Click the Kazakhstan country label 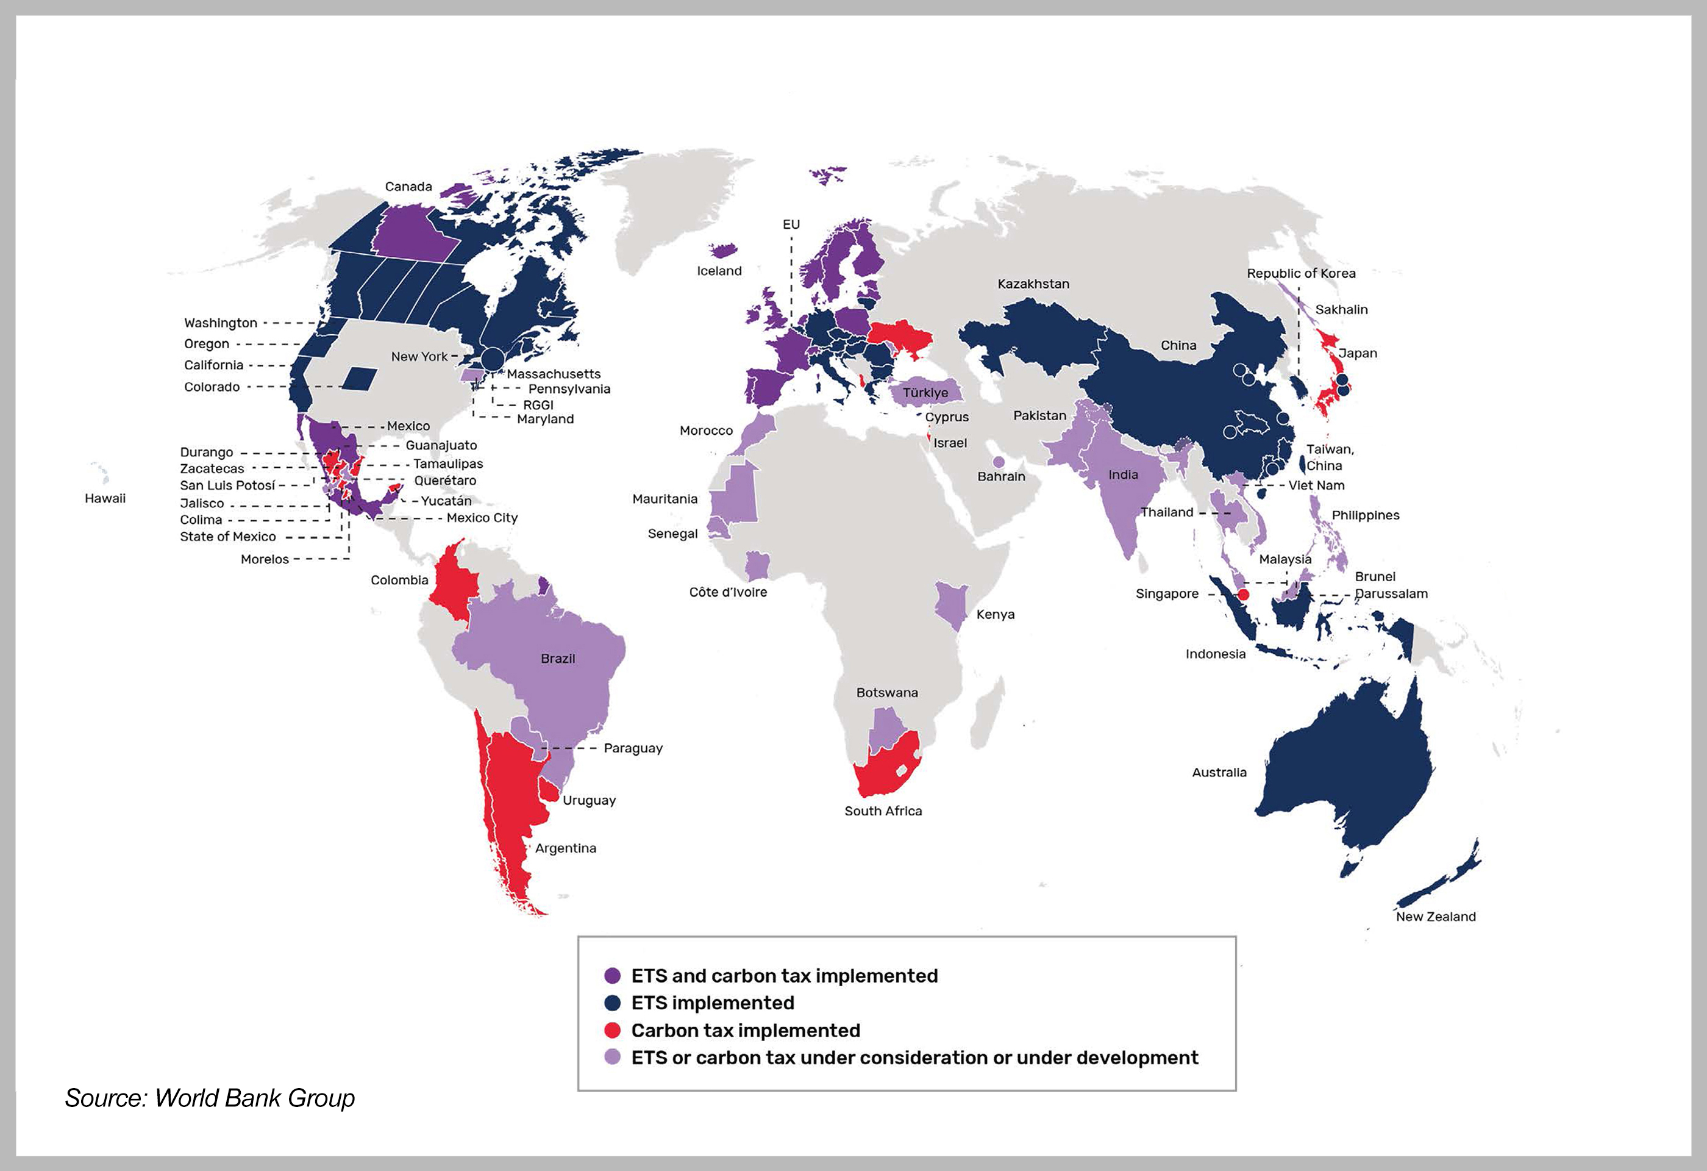1033,284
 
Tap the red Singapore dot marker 1243,593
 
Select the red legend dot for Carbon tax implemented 612,1030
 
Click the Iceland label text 719,271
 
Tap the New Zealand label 1435,916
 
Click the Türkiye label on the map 925,392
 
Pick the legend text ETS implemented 713,1003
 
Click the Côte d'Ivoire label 727,592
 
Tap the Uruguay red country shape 549,790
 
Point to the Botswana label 886,692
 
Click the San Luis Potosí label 227,485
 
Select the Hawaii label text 105,498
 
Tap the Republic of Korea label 1301,273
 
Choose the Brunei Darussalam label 1391,585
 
